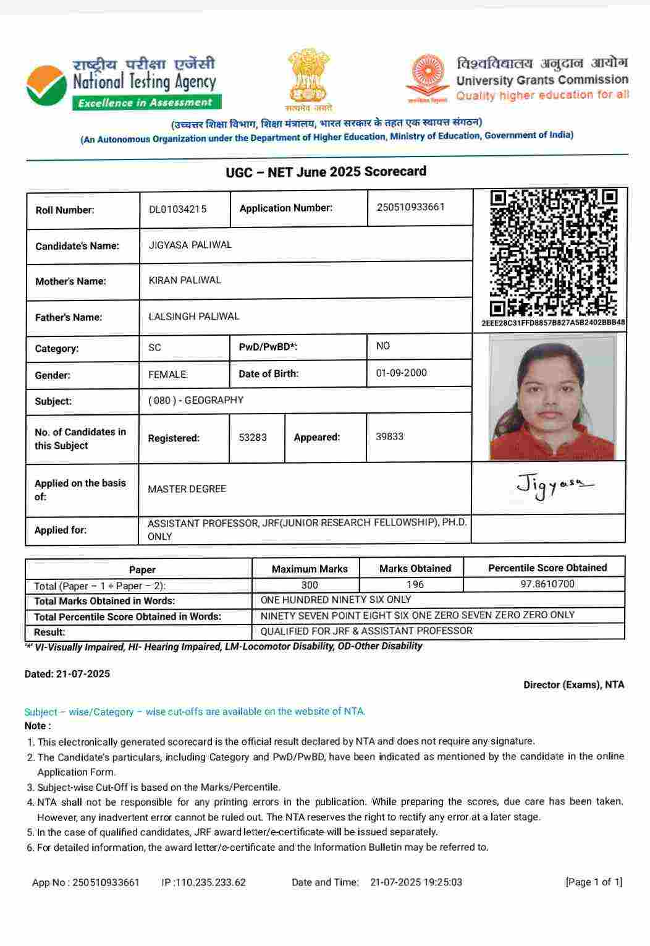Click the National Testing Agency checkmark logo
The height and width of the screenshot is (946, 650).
click(47, 84)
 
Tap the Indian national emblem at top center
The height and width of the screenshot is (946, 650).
click(309, 78)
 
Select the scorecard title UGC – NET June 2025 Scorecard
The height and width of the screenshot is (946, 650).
click(326, 171)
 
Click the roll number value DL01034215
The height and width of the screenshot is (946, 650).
click(178, 209)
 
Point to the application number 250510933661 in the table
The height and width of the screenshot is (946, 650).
click(410, 207)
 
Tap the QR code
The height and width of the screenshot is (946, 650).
click(553, 253)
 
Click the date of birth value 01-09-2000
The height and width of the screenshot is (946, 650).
click(401, 373)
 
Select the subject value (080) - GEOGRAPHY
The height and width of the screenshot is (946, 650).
click(196, 400)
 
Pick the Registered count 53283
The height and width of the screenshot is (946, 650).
click(253, 437)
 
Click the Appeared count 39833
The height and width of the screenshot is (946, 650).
click(389, 437)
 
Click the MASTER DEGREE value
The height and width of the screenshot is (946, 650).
click(187, 489)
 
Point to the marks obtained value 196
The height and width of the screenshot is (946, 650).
click(415, 584)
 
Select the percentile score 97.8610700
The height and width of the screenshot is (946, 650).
click(547, 584)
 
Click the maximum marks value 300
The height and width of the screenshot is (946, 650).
click(310, 585)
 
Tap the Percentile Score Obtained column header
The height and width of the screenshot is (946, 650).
click(547, 568)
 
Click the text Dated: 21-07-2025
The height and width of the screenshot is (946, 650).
click(67, 674)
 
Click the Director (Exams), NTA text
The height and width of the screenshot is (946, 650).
click(573, 684)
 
